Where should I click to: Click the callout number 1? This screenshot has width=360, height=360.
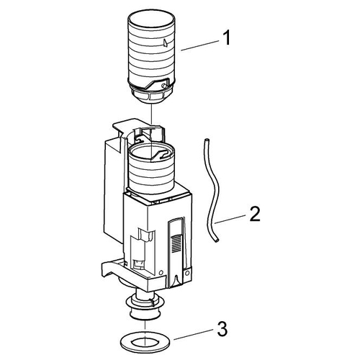click(225, 37)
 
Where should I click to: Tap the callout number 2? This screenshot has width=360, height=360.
click(255, 214)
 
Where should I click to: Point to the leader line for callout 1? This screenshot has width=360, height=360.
click(200, 45)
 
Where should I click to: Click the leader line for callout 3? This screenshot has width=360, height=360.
click(194, 334)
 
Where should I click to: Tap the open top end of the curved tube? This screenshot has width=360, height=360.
click(205, 139)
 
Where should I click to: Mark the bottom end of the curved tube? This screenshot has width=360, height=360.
click(217, 240)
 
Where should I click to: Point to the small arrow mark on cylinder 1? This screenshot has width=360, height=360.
click(166, 42)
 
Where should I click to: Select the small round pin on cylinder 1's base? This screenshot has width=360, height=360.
click(164, 86)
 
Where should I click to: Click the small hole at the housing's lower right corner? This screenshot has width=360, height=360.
click(187, 273)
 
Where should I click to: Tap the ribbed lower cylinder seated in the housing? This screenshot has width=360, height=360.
click(151, 173)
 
